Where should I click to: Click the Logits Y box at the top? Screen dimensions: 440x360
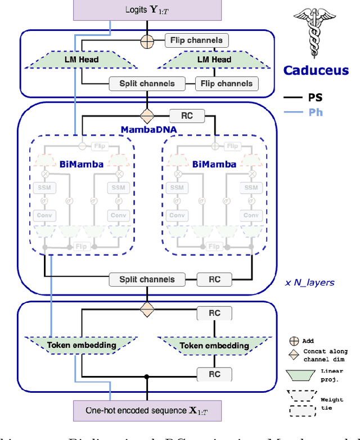click(x=147, y=10)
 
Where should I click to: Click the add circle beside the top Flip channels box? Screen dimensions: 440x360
click(x=147, y=40)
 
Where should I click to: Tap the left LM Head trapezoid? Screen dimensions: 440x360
click(x=80, y=60)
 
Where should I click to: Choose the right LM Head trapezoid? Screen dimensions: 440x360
click(x=213, y=60)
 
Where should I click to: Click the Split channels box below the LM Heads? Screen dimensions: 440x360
click(x=147, y=84)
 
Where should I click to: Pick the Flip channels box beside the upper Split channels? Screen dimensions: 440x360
click(x=227, y=84)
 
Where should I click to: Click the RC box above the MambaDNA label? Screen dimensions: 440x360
click(x=187, y=116)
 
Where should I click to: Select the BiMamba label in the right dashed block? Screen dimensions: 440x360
click(x=215, y=165)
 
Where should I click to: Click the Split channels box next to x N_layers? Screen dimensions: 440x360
click(x=147, y=279)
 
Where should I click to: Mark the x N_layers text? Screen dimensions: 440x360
click(x=309, y=282)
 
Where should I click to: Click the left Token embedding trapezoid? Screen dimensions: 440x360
click(x=82, y=345)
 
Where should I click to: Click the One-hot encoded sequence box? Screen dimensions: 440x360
click(x=147, y=410)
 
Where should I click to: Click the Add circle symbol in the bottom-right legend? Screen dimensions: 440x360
click(x=293, y=340)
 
